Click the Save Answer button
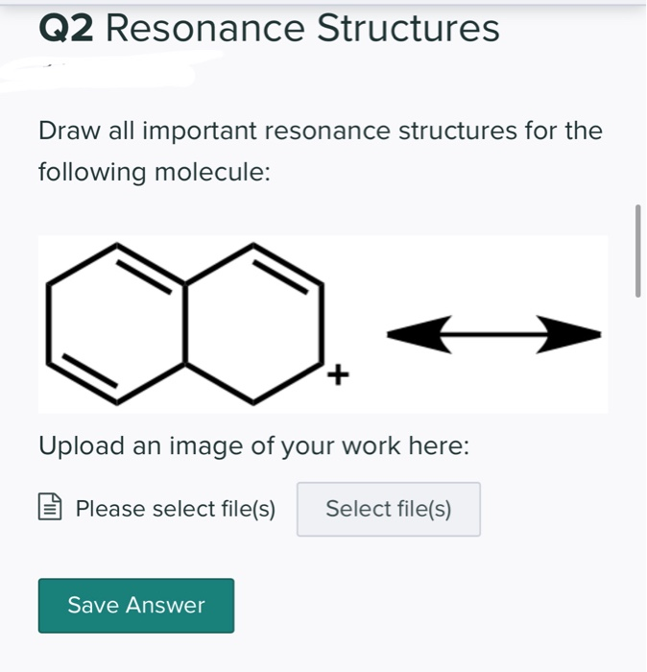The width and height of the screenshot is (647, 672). coord(136,605)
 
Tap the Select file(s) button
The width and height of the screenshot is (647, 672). coord(389,509)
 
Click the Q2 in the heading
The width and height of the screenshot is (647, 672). coord(66,29)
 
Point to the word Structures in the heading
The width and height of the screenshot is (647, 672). coord(408,29)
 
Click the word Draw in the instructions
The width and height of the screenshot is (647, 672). coord(64,131)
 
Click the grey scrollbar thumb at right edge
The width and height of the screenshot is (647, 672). coord(637,251)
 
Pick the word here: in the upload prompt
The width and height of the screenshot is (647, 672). coord(441,446)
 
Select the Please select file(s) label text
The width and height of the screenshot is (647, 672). coord(176,509)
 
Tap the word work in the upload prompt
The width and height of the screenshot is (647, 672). coord(375,446)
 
